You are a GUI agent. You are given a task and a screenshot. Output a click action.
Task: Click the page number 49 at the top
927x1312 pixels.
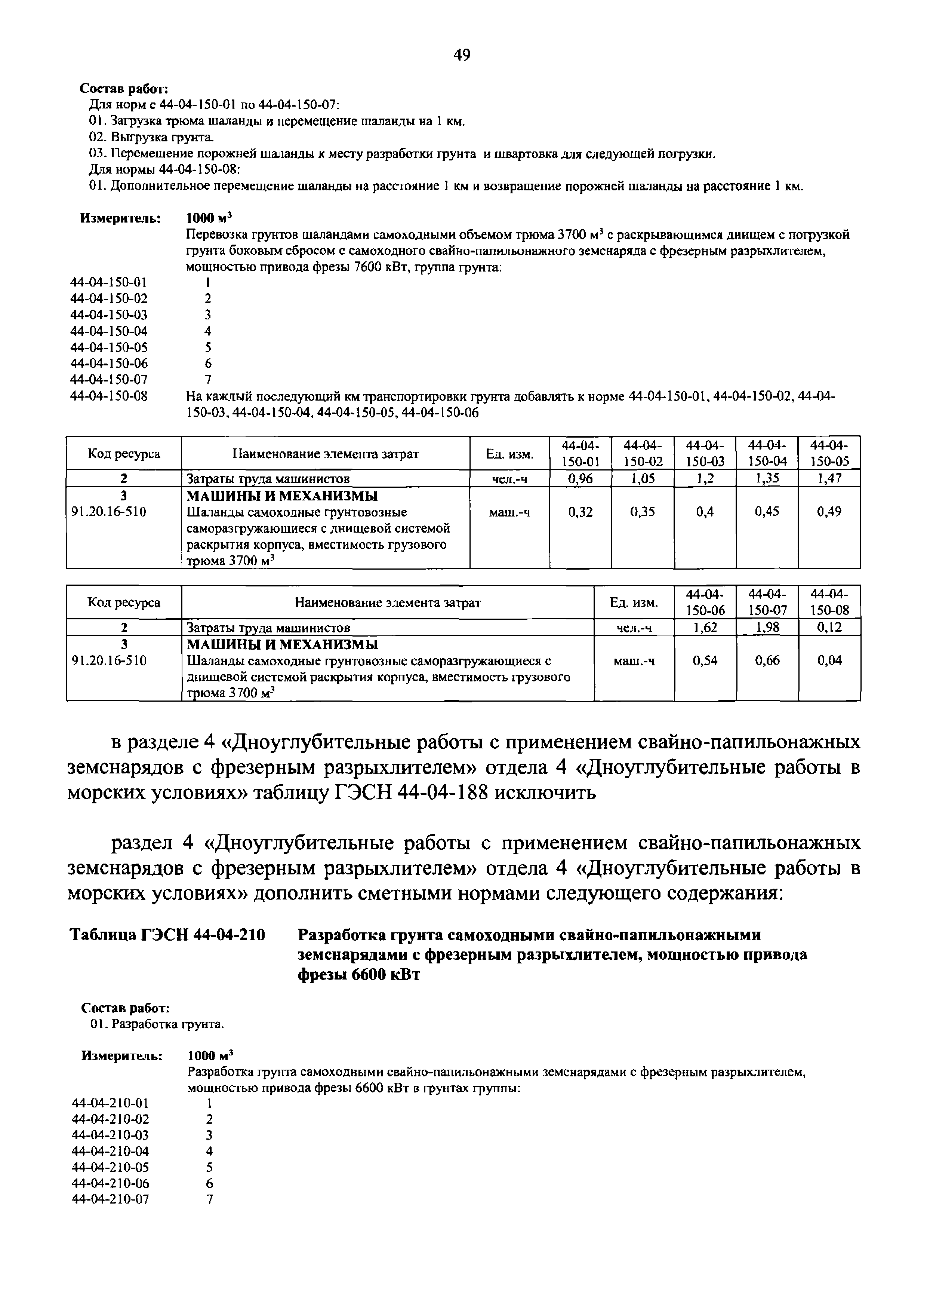point(462,55)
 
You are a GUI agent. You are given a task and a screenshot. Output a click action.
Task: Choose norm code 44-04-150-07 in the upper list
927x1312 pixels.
point(108,380)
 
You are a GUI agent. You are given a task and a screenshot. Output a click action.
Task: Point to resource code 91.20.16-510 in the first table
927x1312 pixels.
point(108,512)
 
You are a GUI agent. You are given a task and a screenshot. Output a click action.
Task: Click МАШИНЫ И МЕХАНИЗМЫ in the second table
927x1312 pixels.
point(283,644)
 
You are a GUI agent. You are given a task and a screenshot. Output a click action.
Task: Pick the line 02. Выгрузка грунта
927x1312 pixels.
point(152,138)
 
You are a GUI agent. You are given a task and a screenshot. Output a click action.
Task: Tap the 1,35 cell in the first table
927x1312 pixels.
point(767,478)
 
